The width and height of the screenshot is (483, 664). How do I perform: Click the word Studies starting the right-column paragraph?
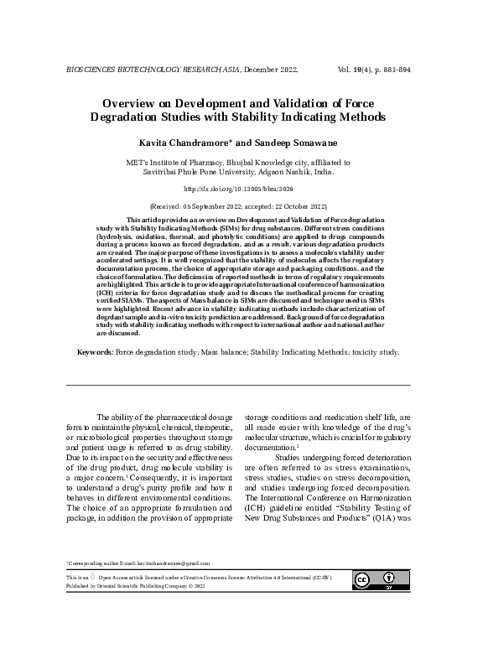coord(288,457)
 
